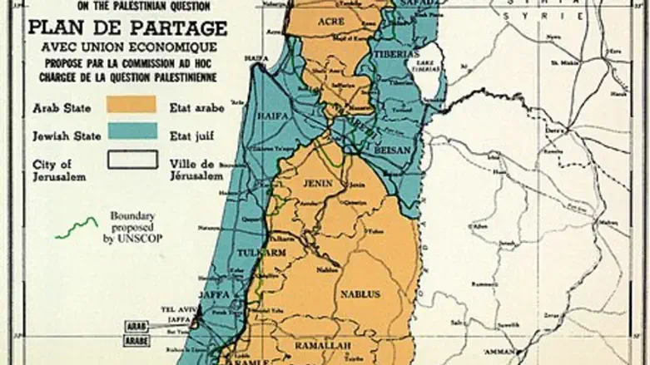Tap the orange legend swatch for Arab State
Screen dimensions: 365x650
point(130,104)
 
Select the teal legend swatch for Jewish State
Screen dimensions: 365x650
point(130,130)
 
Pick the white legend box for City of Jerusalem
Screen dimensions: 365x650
point(130,157)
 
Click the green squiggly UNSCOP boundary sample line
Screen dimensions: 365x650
point(77,227)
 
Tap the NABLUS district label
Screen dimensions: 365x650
point(359,293)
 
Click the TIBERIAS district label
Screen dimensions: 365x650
point(399,52)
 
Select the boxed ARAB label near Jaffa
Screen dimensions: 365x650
point(136,327)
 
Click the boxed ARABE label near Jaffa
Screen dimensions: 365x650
point(136,340)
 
